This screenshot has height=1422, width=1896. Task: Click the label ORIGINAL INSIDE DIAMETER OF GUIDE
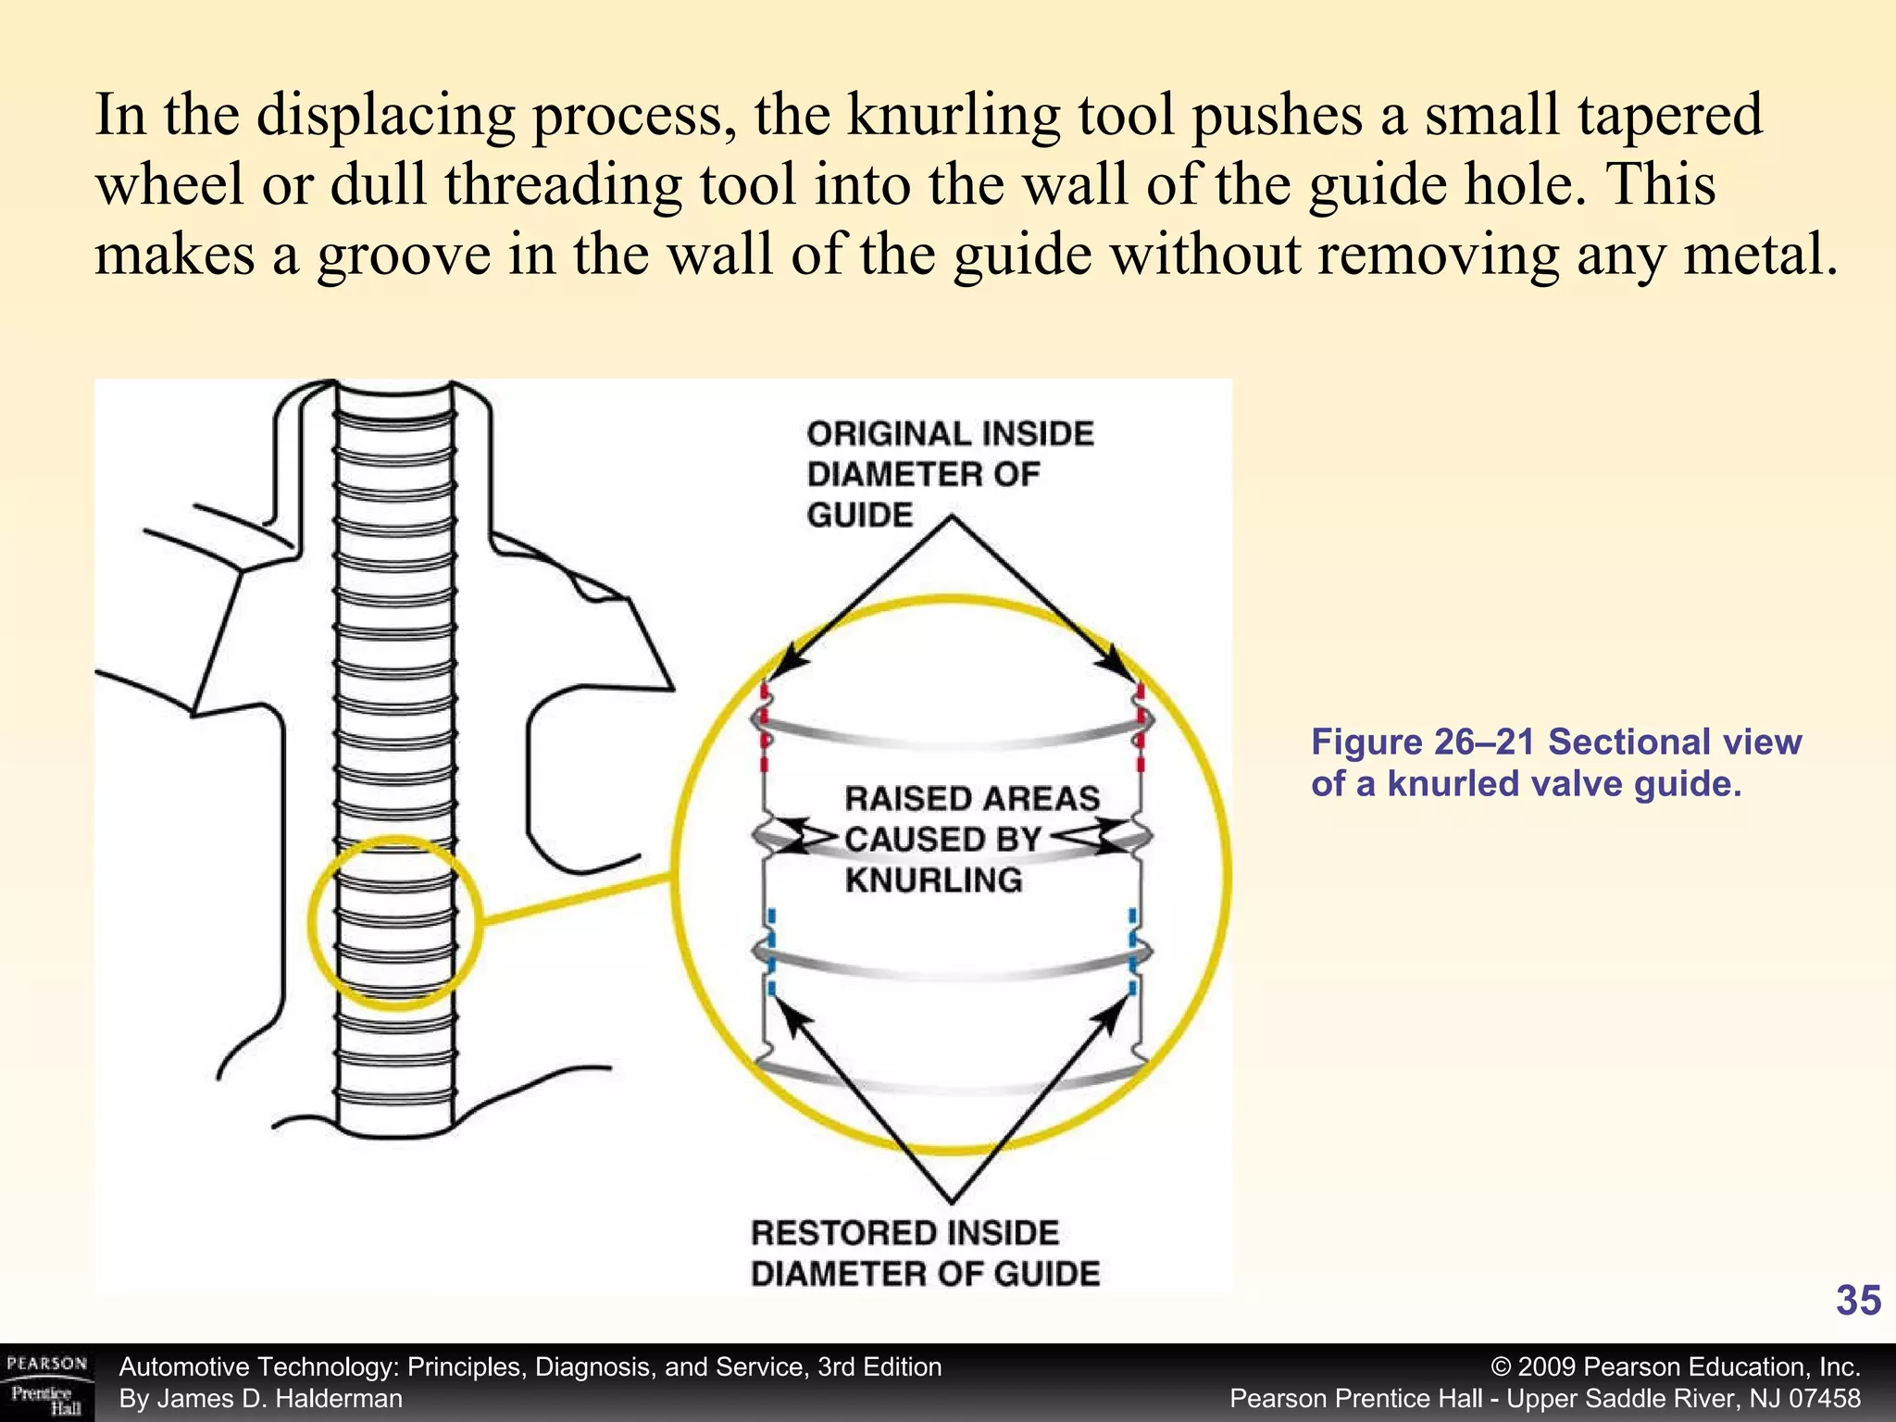(949, 473)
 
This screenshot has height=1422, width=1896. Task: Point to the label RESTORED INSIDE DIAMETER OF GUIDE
(924, 1254)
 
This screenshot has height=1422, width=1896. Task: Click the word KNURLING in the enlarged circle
(933, 879)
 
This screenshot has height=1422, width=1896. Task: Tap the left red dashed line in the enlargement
(765, 728)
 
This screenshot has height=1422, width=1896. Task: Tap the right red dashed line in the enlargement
(1141, 728)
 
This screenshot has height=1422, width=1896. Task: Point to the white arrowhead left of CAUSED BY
(807, 838)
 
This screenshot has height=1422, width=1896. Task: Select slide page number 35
(1857, 1301)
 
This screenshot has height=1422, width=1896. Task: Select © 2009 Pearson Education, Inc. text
(1676, 1367)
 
